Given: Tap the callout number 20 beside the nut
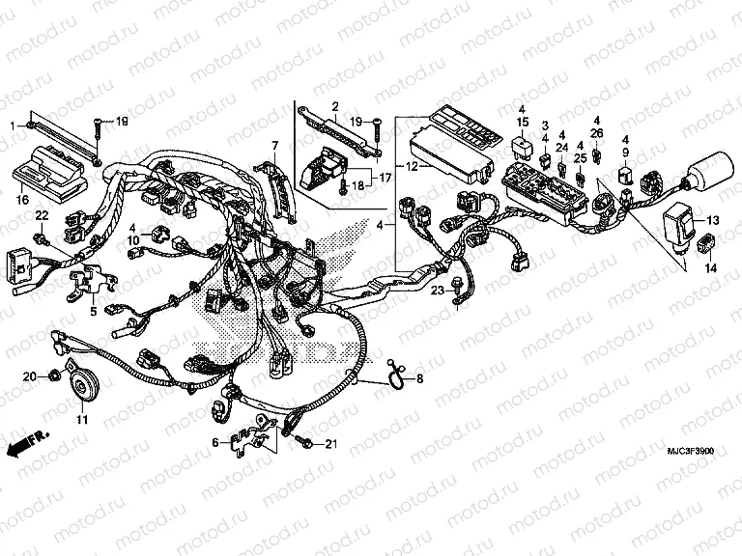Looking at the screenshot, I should click(x=28, y=375).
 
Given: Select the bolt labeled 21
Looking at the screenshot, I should click(x=306, y=442).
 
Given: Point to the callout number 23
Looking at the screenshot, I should click(x=437, y=290).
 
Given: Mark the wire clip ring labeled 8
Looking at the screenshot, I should click(x=397, y=379).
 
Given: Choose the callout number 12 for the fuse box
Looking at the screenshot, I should click(x=384, y=167).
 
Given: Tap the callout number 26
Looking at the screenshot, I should click(x=597, y=132).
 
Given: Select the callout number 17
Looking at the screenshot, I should click(x=384, y=178).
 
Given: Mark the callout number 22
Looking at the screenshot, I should click(x=42, y=214).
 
